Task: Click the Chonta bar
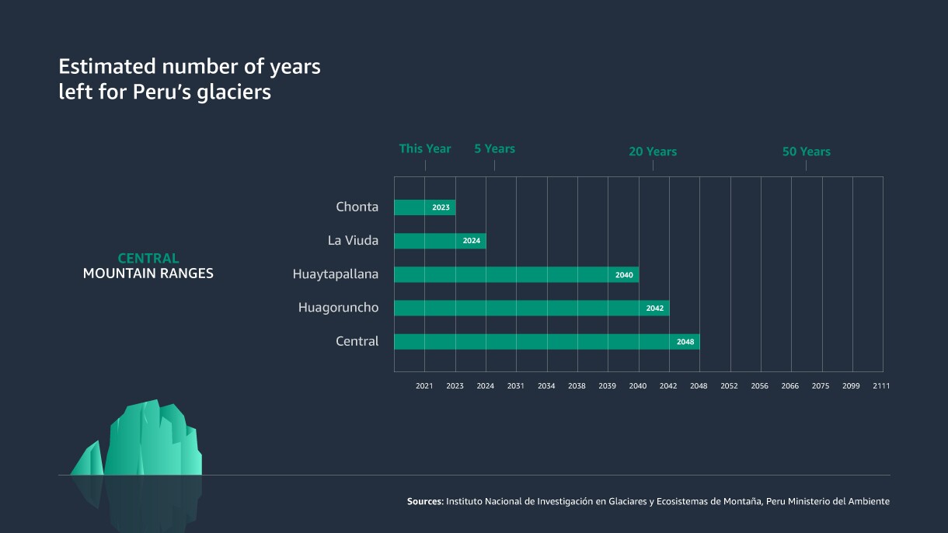[x=412, y=207]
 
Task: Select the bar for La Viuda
[x=427, y=241]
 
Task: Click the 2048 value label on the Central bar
[x=685, y=342]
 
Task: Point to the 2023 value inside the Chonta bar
[x=441, y=207]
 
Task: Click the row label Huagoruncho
[x=338, y=308]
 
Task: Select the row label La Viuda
[x=353, y=241]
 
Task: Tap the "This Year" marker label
[x=424, y=148]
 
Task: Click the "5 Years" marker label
[x=494, y=148]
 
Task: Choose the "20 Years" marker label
[x=652, y=152]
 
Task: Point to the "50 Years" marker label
[x=806, y=152]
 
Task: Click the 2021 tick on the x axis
[x=424, y=386]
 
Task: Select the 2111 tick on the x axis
[x=881, y=386]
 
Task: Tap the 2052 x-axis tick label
[x=729, y=386]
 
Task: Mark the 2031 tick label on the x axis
[x=516, y=386]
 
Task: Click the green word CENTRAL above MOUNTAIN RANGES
[x=148, y=258]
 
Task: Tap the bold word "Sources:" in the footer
[x=425, y=502]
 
